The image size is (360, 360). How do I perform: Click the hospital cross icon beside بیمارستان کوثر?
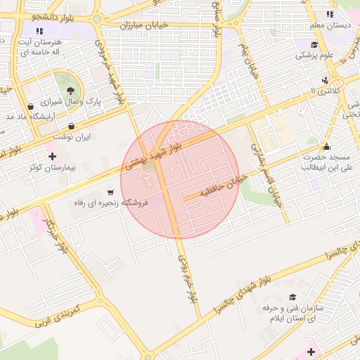[x=52, y=155]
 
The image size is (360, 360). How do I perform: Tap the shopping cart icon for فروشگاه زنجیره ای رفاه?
[x=110, y=192]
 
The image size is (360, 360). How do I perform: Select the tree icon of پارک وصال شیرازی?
[x=71, y=90]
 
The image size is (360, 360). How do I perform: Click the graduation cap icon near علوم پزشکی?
[x=314, y=44]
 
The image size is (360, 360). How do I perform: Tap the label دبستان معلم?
[x=328, y=26]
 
